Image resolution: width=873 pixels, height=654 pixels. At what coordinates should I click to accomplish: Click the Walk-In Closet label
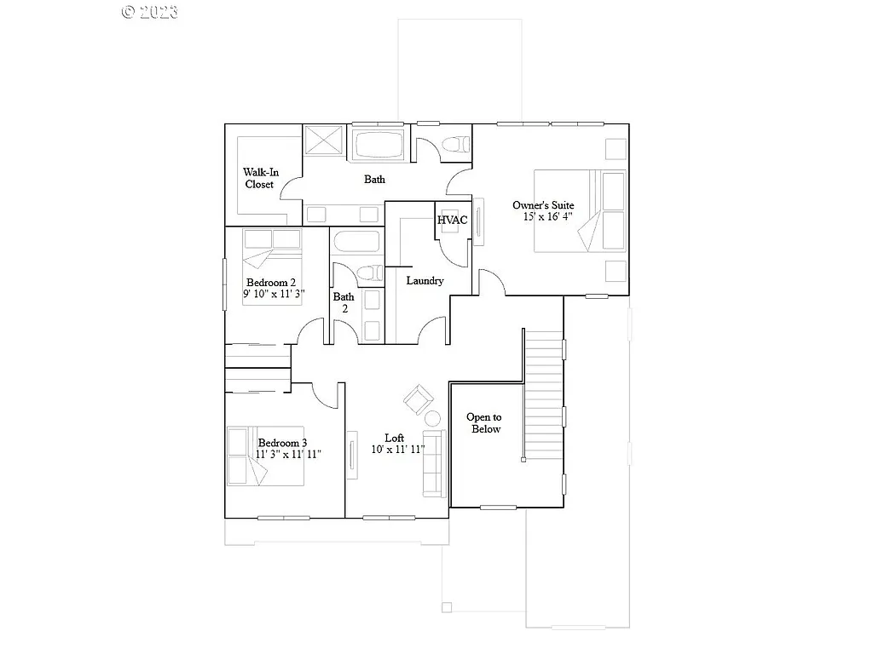(x=260, y=178)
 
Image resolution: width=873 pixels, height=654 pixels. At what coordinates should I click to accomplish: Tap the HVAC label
(x=452, y=220)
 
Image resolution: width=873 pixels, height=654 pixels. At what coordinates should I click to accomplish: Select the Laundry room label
(x=425, y=280)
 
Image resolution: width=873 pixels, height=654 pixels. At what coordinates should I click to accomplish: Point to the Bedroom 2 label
(x=271, y=282)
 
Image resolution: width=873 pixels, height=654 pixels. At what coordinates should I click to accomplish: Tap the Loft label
(x=394, y=438)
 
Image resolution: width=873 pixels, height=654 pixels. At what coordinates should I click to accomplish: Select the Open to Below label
(x=483, y=423)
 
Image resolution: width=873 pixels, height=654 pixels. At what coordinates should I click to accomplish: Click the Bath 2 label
(x=344, y=303)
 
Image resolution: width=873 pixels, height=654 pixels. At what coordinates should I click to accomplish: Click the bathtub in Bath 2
(x=356, y=244)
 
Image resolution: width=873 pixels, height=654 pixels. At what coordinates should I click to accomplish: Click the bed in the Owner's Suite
(x=581, y=210)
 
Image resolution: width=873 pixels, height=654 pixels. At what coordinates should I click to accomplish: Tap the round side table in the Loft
(x=432, y=418)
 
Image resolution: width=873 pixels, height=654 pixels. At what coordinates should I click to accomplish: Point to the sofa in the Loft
(x=433, y=464)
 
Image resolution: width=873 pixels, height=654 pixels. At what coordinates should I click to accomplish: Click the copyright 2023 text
(x=150, y=11)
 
